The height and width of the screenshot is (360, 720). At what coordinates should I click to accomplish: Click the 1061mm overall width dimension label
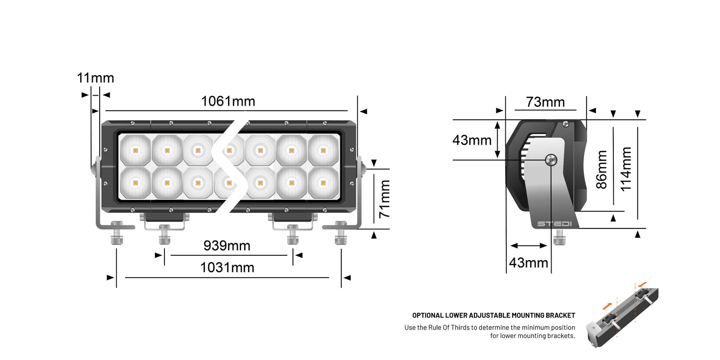click(228, 101)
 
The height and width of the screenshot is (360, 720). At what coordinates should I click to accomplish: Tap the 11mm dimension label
click(95, 78)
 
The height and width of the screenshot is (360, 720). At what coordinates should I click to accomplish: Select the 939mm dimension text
click(227, 246)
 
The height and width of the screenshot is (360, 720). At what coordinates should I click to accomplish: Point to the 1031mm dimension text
click(227, 268)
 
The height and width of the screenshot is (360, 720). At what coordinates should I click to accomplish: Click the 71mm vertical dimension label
click(384, 199)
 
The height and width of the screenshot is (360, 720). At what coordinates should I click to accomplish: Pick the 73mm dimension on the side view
click(546, 102)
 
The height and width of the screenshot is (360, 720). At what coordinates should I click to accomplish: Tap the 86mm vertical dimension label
click(602, 170)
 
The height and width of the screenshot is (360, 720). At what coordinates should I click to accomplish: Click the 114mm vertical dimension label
click(626, 169)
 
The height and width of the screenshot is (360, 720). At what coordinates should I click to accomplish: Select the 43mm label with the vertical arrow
click(471, 140)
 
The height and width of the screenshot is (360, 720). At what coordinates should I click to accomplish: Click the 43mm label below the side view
click(528, 262)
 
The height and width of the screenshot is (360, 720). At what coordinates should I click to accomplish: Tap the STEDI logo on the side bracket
click(554, 223)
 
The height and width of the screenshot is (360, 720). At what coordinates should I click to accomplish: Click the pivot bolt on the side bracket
click(551, 160)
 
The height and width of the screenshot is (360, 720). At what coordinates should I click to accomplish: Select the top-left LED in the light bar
click(135, 150)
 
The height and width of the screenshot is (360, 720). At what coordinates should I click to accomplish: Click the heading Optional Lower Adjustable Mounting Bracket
click(493, 316)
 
